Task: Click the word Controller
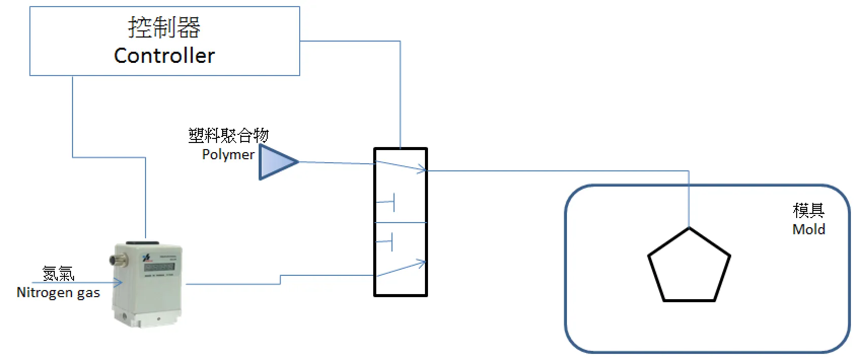coord(164,55)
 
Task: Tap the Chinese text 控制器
coord(164,27)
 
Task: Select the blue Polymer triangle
coord(276,162)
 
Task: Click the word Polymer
coord(228,154)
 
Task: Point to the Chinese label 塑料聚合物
coord(228,135)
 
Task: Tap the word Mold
coord(808,229)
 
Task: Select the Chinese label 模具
coord(808,210)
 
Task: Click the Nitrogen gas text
coord(58,293)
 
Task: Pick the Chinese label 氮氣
coord(58,274)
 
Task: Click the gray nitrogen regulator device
coord(147,284)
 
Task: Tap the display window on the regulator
coord(159,267)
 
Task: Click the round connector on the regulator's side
coord(113,260)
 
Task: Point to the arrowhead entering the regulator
coord(118,283)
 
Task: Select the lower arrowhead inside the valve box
coord(420,263)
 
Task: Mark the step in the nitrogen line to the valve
coord(280,279)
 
